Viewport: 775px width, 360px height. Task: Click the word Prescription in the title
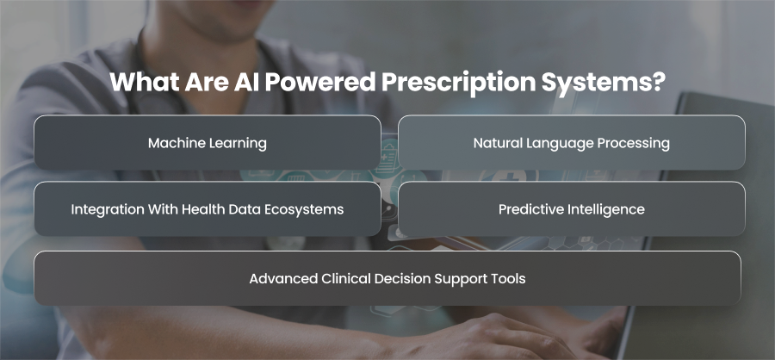[x=458, y=83]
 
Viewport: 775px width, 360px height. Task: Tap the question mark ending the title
[x=656, y=82]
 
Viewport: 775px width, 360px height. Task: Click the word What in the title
[x=144, y=82]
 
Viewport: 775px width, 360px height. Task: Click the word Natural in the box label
[x=494, y=143]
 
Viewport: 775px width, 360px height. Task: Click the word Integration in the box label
[x=101, y=209]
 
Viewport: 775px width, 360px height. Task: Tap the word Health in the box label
[x=199, y=209]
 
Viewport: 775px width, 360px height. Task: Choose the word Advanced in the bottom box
[x=283, y=278]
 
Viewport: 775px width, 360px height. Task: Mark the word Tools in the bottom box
[x=510, y=278]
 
